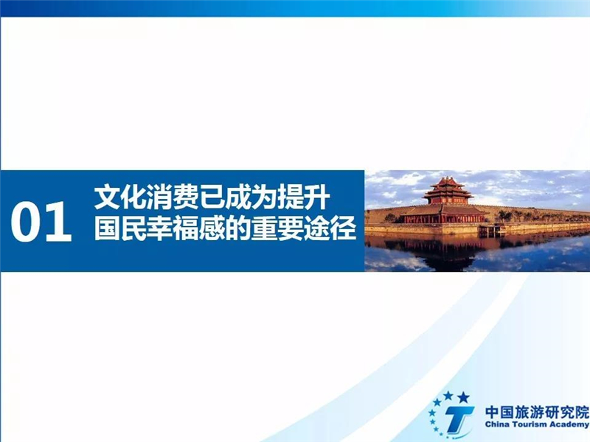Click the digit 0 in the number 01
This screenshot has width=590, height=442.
pos(27,222)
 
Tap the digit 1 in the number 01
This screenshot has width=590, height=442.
pos(59,222)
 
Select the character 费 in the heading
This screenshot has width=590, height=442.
pos(186,197)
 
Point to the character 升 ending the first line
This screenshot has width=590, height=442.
pos(317,197)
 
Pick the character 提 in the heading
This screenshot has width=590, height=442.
pos(291,197)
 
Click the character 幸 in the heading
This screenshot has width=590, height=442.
pos(159,228)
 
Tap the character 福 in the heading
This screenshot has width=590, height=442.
pos(186,228)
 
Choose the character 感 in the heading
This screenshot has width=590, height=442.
pos(212,228)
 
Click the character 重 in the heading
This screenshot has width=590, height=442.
pos(265,228)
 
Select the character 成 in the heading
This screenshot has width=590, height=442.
pos(238,197)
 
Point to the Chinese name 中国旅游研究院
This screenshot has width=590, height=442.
pos(537,412)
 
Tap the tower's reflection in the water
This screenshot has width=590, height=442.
pos(447,252)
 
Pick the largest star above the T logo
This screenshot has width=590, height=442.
pos(463,397)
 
